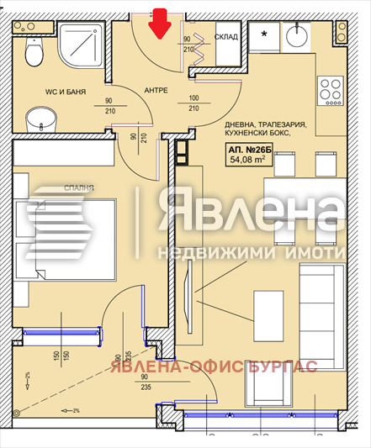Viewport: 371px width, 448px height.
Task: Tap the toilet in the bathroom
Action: coord(33,52)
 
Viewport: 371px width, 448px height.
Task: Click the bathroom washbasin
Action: coord(37,119)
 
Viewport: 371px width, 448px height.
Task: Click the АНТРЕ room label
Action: coord(156,89)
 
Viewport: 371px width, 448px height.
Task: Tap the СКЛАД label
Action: coord(226,37)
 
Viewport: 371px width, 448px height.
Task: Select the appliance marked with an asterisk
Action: coord(266,36)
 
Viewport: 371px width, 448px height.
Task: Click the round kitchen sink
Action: coord(296,35)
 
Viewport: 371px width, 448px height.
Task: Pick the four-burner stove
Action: coord(329,87)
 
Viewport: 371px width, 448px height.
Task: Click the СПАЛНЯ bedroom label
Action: coord(78,189)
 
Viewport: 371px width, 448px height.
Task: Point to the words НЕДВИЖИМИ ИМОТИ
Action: coord(252,253)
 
